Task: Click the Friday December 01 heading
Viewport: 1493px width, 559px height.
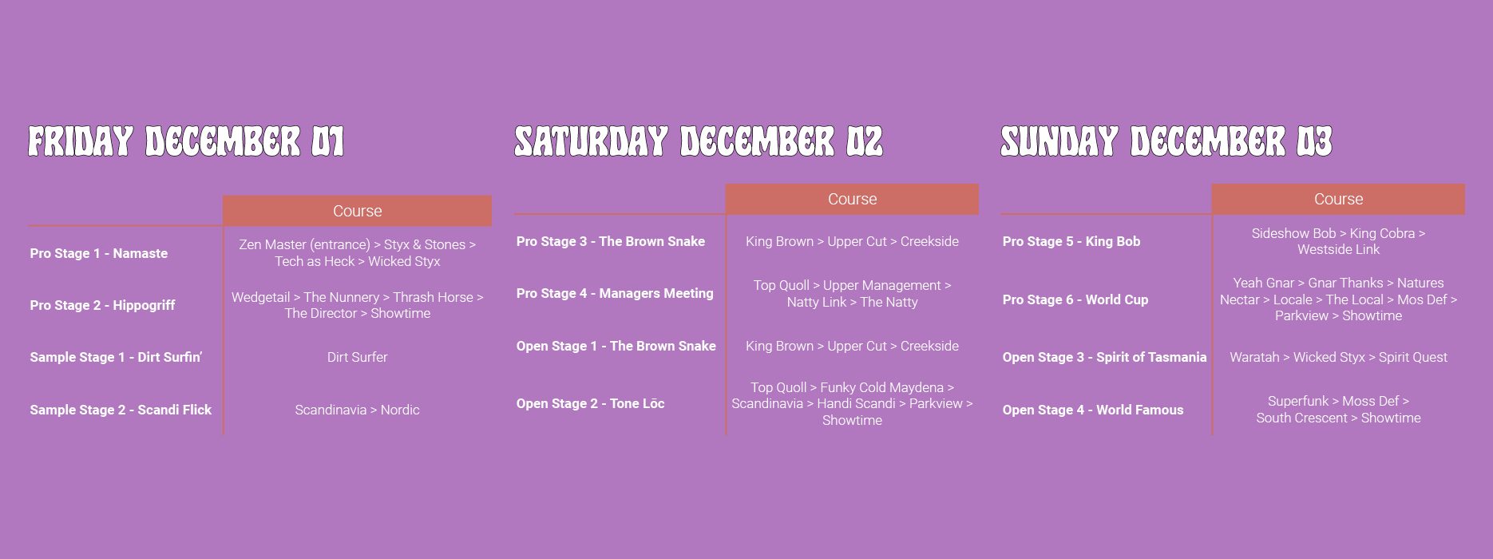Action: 186,141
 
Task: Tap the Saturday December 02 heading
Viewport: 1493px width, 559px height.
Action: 699,141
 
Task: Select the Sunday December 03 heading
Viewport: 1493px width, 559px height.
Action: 1166,141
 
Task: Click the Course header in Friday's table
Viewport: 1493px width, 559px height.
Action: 357,211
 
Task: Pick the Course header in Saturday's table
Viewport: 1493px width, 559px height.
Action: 852,199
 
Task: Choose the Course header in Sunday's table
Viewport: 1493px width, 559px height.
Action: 1338,199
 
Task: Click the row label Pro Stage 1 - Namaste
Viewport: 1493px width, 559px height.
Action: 99,253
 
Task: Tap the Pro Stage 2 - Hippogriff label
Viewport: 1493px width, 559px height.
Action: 102,305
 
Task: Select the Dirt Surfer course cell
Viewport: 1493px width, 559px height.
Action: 357,357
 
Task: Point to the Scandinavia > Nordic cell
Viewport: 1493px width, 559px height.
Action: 357,410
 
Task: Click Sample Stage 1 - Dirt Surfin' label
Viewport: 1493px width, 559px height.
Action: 116,357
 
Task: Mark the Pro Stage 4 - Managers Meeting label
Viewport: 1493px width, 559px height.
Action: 615,293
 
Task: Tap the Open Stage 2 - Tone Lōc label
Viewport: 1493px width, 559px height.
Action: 590,403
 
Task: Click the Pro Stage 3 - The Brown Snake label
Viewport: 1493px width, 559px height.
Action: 611,241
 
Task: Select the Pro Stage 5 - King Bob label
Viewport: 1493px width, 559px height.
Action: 1071,241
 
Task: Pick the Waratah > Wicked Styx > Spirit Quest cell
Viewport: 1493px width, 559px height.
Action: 1338,357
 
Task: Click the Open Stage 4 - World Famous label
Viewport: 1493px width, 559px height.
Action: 1093,410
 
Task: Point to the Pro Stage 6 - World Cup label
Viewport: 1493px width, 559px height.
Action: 1075,299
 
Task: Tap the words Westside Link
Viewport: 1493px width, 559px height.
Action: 1338,249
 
